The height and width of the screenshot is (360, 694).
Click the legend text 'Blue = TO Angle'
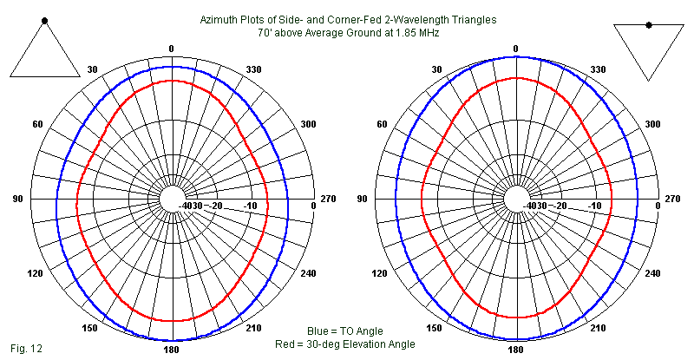click(344, 331)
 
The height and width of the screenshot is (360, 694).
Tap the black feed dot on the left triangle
click(45, 19)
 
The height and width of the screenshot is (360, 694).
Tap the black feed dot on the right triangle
click(648, 24)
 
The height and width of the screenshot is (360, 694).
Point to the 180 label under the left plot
click(172, 350)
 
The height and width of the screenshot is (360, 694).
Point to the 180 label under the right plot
click(515, 350)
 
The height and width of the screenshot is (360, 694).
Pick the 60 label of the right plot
click(382, 124)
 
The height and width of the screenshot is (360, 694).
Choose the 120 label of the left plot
click(38, 274)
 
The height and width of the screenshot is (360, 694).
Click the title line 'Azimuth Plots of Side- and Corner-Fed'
click(347, 19)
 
